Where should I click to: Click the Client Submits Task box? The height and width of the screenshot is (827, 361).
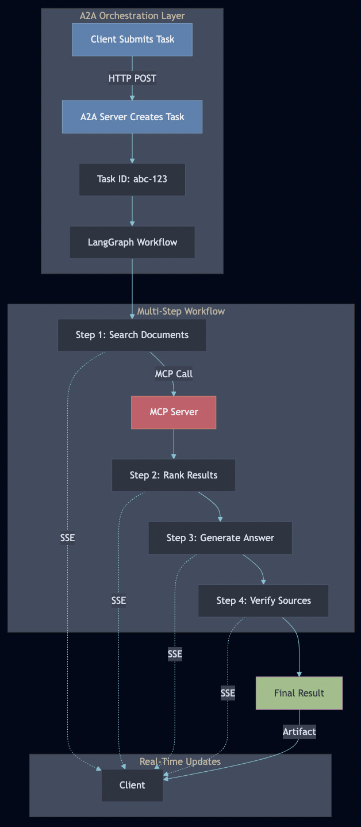pyautogui.click(x=132, y=40)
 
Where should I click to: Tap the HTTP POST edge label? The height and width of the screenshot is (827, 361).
pyautogui.click(x=132, y=78)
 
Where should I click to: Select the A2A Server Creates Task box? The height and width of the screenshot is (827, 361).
pyautogui.click(x=132, y=117)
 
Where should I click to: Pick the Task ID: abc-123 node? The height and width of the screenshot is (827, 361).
pyautogui.click(x=132, y=179)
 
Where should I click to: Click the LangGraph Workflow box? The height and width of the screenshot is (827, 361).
pyautogui.click(x=132, y=242)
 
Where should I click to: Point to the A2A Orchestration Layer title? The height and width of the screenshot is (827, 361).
pyautogui.click(x=132, y=16)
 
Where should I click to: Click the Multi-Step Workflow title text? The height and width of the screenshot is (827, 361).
pyautogui.click(x=180, y=311)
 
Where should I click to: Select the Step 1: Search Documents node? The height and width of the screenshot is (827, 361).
pyautogui.click(x=132, y=335)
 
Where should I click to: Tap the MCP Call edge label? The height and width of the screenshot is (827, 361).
pyautogui.click(x=174, y=374)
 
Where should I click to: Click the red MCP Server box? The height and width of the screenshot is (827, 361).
pyautogui.click(x=174, y=412)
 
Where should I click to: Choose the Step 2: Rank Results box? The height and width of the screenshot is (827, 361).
pyautogui.click(x=174, y=475)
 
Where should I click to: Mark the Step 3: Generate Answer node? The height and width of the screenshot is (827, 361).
pyautogui.click(x=220, y=538)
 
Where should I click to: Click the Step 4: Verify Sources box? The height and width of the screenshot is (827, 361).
pyautogui.click(x=263, y=601)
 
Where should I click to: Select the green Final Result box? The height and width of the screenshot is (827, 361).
pyautogui.click(x=299, y=693)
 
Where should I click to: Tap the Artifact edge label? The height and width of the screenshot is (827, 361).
pyautogui.click(x=299, y=732)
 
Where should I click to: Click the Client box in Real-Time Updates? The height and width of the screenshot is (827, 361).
pyautogui.click(x=132, y=785)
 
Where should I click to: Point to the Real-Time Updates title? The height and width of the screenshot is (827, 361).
pyautogui.click(x=180, y=761)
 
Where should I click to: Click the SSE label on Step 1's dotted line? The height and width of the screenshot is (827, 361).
pyautogui.click(x=67, y=538)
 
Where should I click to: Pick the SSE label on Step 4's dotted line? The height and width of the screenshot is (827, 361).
pyautogui.click(x=228, y=693)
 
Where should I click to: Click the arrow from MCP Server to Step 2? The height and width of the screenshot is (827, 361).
pyautogui.click(x=174, y=444)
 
